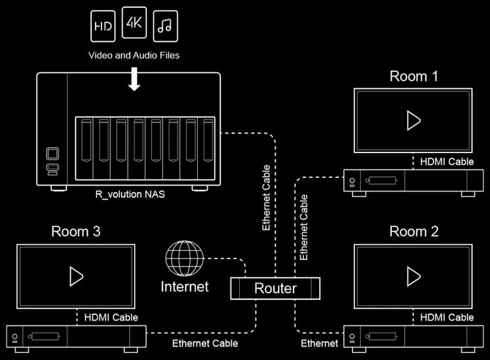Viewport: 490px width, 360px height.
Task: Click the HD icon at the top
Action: (102, 26)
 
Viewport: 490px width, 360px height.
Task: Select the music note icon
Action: (165, 26)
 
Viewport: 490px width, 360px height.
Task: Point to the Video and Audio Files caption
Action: (134, 56)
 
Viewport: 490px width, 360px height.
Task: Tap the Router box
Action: (275, 288)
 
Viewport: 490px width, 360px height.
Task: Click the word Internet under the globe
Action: (185, 287)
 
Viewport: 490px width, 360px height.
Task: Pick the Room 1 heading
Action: (413, 76)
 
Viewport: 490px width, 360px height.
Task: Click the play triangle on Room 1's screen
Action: (413, 120)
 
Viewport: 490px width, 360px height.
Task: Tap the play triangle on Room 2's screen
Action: (413, 276)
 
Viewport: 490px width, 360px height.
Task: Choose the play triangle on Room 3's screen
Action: (77, 276)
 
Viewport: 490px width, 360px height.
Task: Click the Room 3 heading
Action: (76, 231)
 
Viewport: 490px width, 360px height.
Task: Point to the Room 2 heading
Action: (413, 231)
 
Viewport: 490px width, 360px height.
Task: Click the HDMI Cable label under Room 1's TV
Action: (447, 161)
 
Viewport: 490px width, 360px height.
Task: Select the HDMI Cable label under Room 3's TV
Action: (111, 317)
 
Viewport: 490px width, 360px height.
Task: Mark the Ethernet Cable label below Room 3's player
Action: (205, 343)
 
